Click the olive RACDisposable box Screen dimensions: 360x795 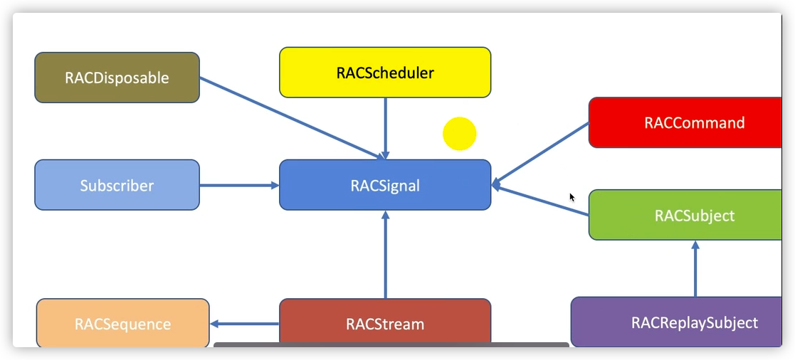[117, 78]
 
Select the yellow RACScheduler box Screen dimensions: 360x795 [384, 73]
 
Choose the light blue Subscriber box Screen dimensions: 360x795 [117, 186]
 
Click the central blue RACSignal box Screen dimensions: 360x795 [384, 186]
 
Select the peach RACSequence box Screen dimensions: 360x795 [122, 324]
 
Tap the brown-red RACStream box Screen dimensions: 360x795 [384, 324]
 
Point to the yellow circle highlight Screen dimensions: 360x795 [459, 134]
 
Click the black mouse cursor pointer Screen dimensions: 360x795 [572, 197]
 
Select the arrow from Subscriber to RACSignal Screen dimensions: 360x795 [238, 186]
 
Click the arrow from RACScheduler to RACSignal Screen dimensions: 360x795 [385, 128]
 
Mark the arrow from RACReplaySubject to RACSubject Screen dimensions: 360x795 [695, 269]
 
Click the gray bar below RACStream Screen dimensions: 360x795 [391, 345]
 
